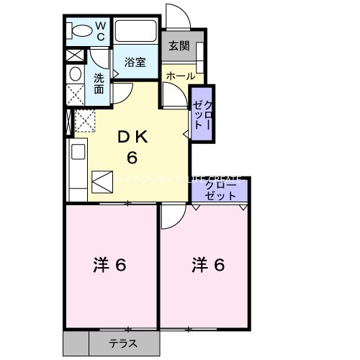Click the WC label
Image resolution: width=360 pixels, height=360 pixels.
pos(100,32)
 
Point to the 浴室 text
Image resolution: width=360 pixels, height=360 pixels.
pos(135,62)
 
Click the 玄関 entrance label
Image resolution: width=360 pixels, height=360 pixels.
pos(179,47)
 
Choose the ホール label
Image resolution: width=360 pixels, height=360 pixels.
pos(180,75)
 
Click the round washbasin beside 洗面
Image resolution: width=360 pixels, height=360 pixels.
pos(75,74)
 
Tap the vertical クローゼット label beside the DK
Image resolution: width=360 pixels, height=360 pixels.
pos(202,112)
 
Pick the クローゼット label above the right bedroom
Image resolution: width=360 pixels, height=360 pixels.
pos(220,190)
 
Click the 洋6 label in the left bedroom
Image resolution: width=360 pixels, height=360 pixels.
pos(110,265)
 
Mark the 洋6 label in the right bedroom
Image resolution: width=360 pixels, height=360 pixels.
pos(208,265)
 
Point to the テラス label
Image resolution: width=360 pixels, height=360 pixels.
pos(124,343)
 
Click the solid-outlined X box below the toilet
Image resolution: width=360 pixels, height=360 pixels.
pos(73,55)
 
